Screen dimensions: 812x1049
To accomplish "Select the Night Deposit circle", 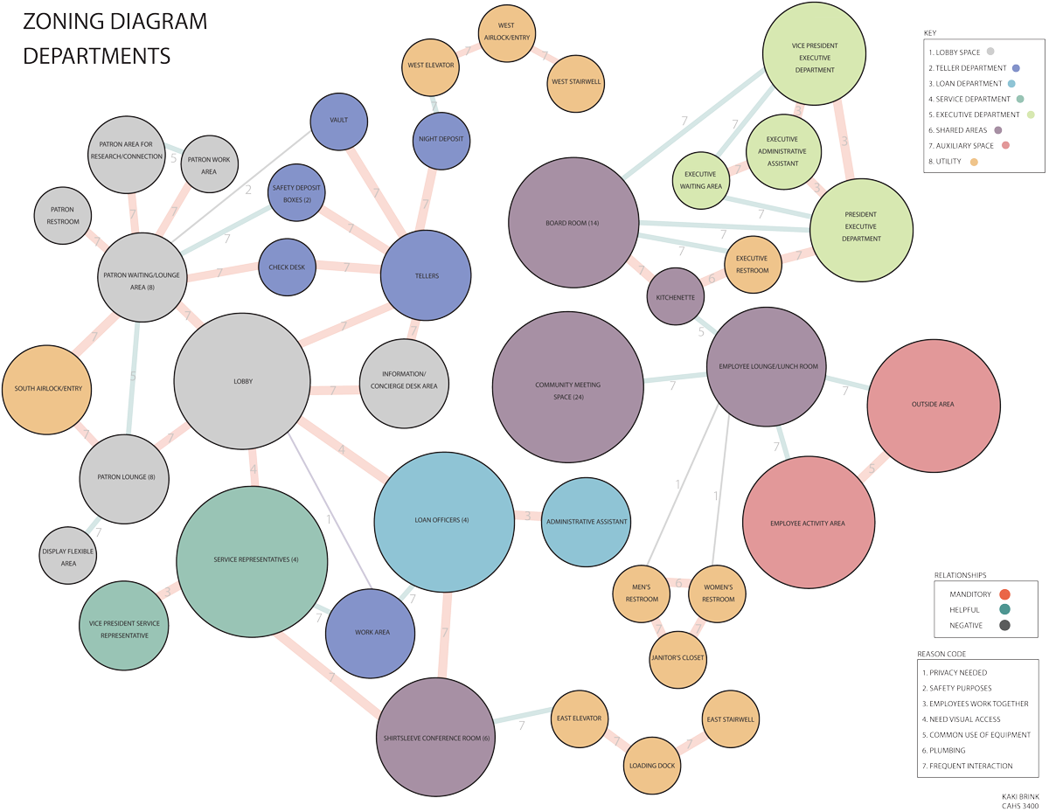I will (x=441, y=139).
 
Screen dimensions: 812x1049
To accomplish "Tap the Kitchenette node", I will (x=676, y=297).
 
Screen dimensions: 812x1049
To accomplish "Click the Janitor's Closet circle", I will (x=677, y=658).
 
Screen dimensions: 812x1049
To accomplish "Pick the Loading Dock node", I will (x=652, y=767).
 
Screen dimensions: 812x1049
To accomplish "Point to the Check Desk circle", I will (x=287, y=267).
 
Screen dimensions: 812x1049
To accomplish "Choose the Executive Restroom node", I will (x=752, y=265).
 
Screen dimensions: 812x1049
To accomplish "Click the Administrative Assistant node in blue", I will (x=586, y=522).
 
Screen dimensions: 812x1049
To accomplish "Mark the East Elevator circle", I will (x=579, y=719).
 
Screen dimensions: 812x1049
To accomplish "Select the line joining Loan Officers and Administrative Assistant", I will (x=527, y=517).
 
